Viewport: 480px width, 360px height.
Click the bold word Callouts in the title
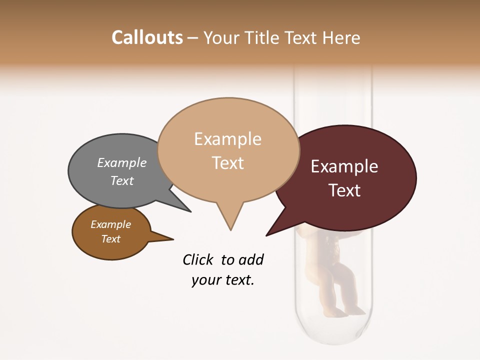pyautogui.click(x=147, y=37)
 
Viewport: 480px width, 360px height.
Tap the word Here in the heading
pyautogui.click(x=342, y=37)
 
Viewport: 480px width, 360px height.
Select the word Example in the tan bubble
pyautogui.click(x=227, y=139)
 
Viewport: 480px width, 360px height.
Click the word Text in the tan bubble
pyautogui.click(x=227, y=162)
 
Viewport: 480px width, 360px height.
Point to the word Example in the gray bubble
pyautogui.click(x=122, y=162)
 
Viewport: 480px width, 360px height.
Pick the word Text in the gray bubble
pyautogui.click(x=122, y=180)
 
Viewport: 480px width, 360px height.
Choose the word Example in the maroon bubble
pyautogui.click(x=344, y=166)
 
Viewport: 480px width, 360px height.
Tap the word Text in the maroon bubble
pyautogui.click(x=344, y=190)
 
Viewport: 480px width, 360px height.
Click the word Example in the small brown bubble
pyautogui.click(x=111, y=224)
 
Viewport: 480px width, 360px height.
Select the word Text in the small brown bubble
pyautogui.click(x=111, y=239)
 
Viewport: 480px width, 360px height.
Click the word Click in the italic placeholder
pyautogui.click(x=198, y=259)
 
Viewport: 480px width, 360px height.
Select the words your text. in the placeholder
pyautogui.click(x=223, y=280)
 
